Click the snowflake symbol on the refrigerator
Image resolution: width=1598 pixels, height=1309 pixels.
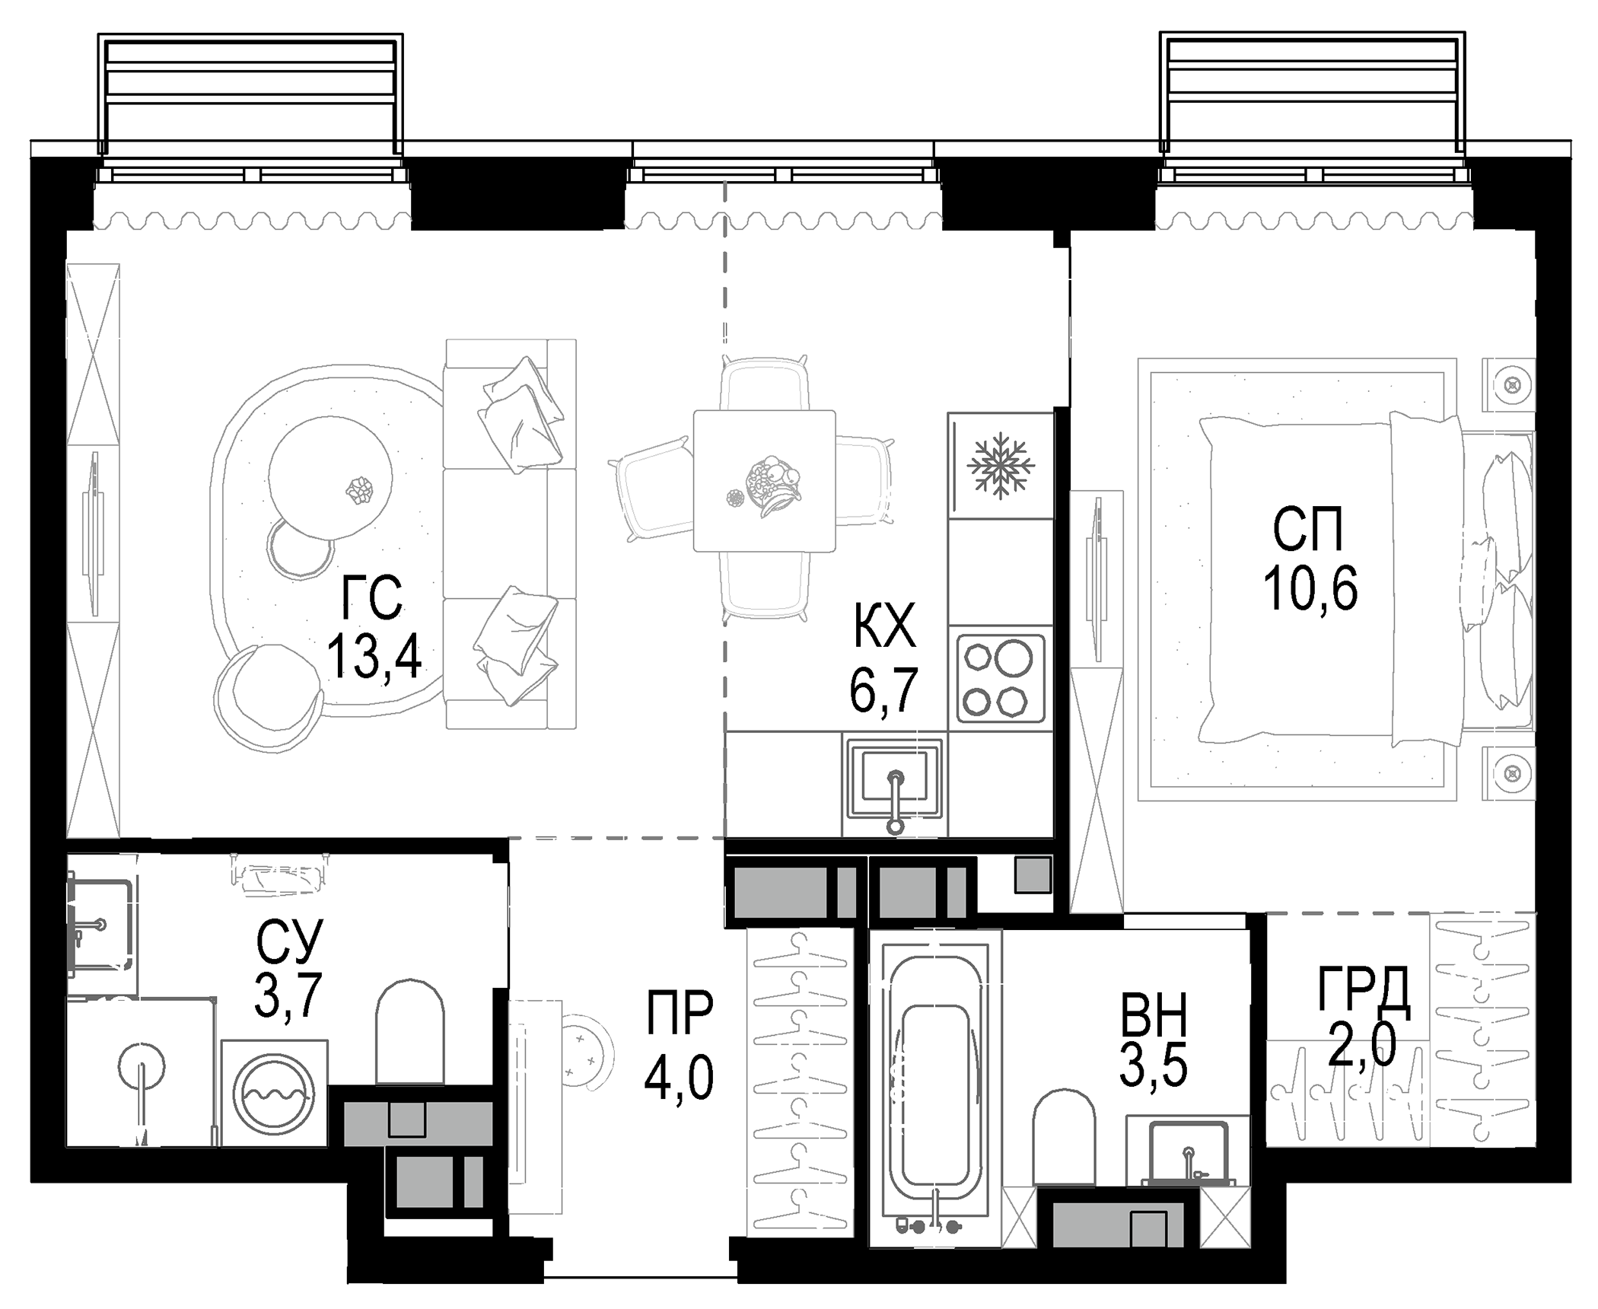[x=1000, y=466]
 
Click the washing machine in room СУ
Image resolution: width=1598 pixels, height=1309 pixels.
[x=275, y=1095]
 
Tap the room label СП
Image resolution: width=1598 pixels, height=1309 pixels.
[x=1308, y=530]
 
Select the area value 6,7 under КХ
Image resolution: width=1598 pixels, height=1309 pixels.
[x=883, y=690]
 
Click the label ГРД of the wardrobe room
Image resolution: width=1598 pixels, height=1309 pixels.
[x=1363, y=992]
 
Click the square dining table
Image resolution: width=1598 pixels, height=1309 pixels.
[x=764, y=481]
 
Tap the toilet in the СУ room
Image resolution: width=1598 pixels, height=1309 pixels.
[x=409, y=1030]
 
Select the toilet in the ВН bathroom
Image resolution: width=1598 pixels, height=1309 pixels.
[x=1064, y=1138]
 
